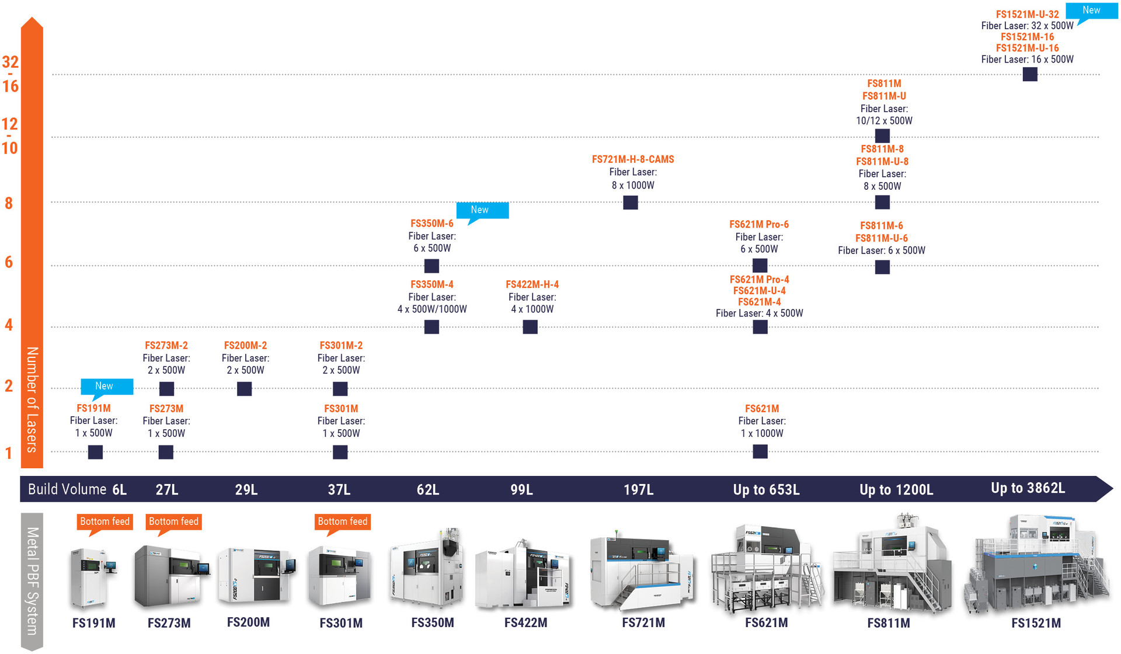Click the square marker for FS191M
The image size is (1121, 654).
[95, 452]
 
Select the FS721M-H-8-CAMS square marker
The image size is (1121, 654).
[631, 203]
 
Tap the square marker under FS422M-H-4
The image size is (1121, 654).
[530, 327]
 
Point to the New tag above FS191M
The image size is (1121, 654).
[106, 387]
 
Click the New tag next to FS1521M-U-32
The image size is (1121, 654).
[1092, 12]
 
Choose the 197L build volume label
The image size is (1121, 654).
[639, 489]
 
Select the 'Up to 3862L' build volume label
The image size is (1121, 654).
[1028, 488]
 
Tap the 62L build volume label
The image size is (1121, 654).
[428, 489]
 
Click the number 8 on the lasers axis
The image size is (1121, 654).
[9, 203]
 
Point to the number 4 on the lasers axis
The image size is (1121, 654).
[9, 325]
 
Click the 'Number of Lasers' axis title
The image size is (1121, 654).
[32, 399]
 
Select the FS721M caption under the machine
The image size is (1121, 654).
[643, 623]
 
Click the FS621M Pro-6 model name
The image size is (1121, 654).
[759, 224]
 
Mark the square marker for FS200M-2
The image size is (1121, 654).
[245, 389]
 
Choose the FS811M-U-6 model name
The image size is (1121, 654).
[882, 238]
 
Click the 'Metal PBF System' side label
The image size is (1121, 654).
[32, 581]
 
